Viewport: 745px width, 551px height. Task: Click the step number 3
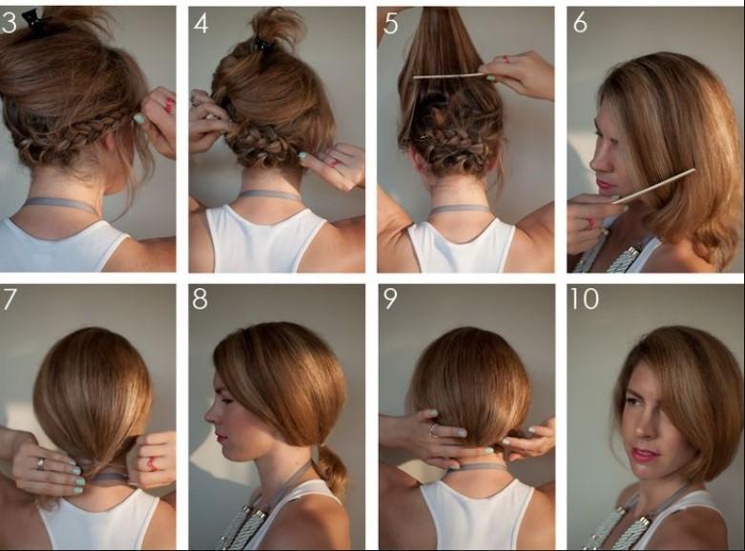pyautogui.click(x=9, y=23)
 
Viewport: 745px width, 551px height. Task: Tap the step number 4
pyautogui.click(x=200, y=23)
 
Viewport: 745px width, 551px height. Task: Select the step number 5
pyautogui.click(x=390, y=23)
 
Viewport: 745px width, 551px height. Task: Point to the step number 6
pyautogui.click(x=580, y=22)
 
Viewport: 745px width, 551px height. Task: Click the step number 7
pyautogui.click(x=9, y=299)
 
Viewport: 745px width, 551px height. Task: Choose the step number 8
pyautogui.click(x=200, y=299)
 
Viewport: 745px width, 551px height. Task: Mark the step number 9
pyautogui.click(x=390, y=299)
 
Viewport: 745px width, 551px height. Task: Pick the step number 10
pyautogui.click(x=584, y=299)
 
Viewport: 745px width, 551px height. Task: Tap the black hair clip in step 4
pyautogui.click(x=261, y=44)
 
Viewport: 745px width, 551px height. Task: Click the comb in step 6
pyautogui.click(x=653, y=186)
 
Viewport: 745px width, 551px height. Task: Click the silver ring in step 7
pyautogui.click(x=41, y=463)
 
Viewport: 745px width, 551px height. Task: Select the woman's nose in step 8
pyautogui.click(x=210, y=416)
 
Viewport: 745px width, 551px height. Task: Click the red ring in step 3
pyautogui.click(x=170, y=105)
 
